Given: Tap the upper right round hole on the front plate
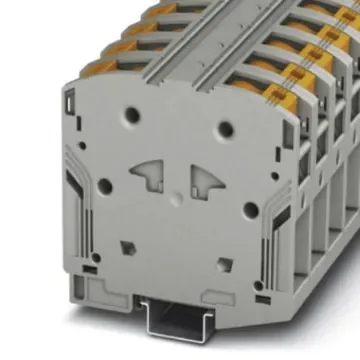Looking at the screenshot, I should click(226, 128).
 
